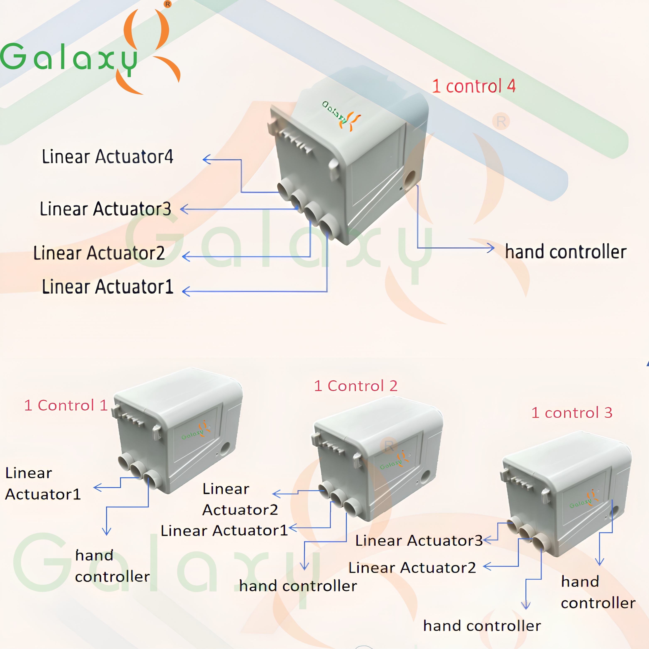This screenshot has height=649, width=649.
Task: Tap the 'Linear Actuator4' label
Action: click(x=108, y=157)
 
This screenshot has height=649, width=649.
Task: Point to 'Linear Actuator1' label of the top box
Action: click(x=108, y=287)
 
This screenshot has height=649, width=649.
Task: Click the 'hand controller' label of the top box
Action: click(x=566, y=252)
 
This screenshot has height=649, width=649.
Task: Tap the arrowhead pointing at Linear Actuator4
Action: click(x=207, y=159)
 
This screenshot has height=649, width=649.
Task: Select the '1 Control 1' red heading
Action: click(x=66, y=405)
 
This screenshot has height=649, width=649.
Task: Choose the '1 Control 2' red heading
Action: click(x=356, y=386)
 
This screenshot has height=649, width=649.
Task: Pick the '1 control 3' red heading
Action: click(x=572, y=412)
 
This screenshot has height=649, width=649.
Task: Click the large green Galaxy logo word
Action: click(x=69, y=58)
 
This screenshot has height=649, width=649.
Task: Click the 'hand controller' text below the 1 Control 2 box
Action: click(x=298, y=585)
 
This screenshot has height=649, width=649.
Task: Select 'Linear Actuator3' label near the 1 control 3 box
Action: click(x=419, y=541)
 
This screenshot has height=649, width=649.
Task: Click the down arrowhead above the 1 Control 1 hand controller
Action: click(x=107, y=531)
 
